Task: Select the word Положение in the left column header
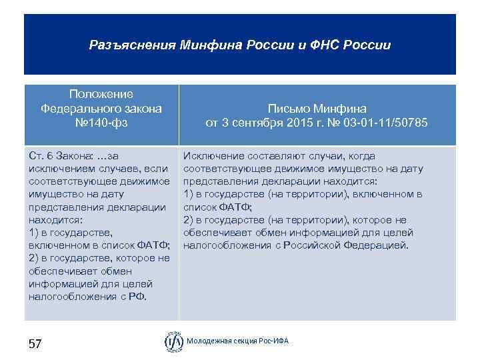point(101,94)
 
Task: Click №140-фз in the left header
point(101,123)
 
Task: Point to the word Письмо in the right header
point(291,109)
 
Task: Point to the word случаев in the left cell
point(121,169)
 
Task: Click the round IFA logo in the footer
point(173,341)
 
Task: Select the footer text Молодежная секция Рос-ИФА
point(238,341)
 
